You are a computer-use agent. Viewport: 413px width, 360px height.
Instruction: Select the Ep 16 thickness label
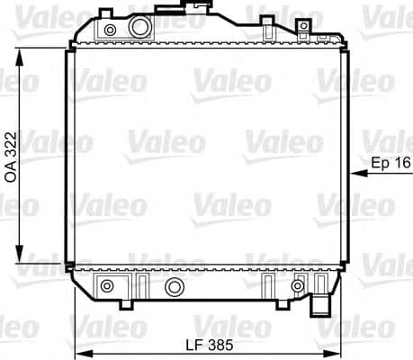point(389,163)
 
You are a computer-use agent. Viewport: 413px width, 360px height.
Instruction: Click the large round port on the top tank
point(139,27)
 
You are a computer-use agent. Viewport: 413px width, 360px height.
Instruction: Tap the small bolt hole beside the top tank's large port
point(110,31)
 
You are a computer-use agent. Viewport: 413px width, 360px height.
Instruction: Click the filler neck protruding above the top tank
point(194,8)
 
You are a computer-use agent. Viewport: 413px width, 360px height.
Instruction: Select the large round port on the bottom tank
point(174,287)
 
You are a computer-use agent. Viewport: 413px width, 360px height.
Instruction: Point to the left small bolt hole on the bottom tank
point(108,286)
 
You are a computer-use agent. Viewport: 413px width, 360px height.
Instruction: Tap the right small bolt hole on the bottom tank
point(298,286)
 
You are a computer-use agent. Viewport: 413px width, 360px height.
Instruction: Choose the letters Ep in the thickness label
point(379,163)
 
